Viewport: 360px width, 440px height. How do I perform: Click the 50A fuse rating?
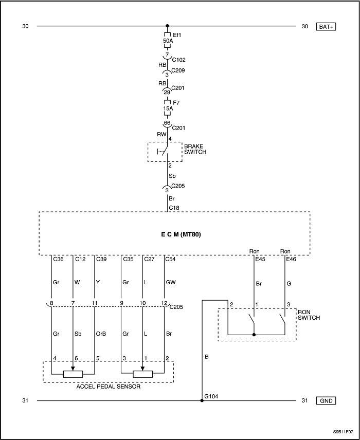coord(168,41)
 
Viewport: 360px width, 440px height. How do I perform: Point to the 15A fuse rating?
coord(168,109)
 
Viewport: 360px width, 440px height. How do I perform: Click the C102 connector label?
coord(178,60)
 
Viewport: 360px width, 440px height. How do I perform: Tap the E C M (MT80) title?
coord(174,233)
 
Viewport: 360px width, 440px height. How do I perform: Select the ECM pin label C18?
coord(174,208)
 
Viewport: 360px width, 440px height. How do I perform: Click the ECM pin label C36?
coord(58,259)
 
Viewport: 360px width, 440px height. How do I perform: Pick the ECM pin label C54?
coord(170,259)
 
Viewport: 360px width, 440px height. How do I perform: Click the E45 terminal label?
coord(261,259)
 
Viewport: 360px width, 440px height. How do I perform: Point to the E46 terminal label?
coord(292,259)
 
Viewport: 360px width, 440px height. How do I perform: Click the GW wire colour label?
coord(171,282)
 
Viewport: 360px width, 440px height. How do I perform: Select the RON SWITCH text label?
coord(309,315)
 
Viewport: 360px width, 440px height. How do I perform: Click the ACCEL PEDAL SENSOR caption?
coord(109,387)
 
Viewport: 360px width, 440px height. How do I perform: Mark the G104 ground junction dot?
coord(202,400)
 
